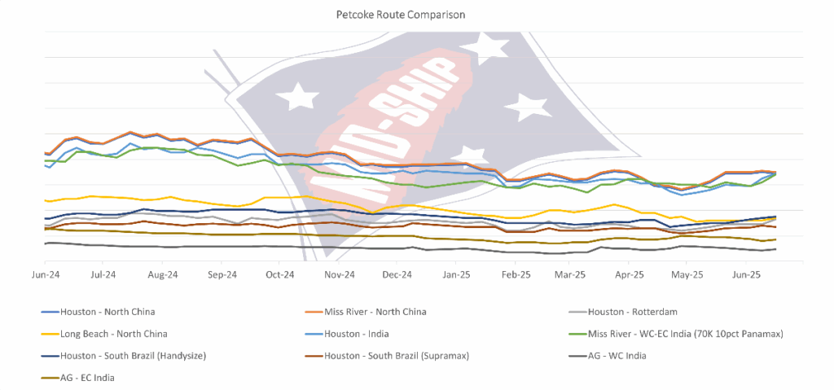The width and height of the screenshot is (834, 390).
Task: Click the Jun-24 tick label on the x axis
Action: coord(45,275)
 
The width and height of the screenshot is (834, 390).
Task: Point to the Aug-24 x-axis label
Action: coord(162,275)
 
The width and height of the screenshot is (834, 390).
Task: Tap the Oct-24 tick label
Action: coord(279,275)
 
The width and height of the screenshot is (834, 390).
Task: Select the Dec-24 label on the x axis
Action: coord(396,275)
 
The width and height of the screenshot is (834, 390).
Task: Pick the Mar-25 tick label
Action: coord(570,275)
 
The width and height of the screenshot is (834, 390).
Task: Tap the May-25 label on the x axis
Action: coord(687,275)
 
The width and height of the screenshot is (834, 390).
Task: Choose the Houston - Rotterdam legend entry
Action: coord(634,312)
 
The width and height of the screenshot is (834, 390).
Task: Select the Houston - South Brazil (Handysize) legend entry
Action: coord(138,356)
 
